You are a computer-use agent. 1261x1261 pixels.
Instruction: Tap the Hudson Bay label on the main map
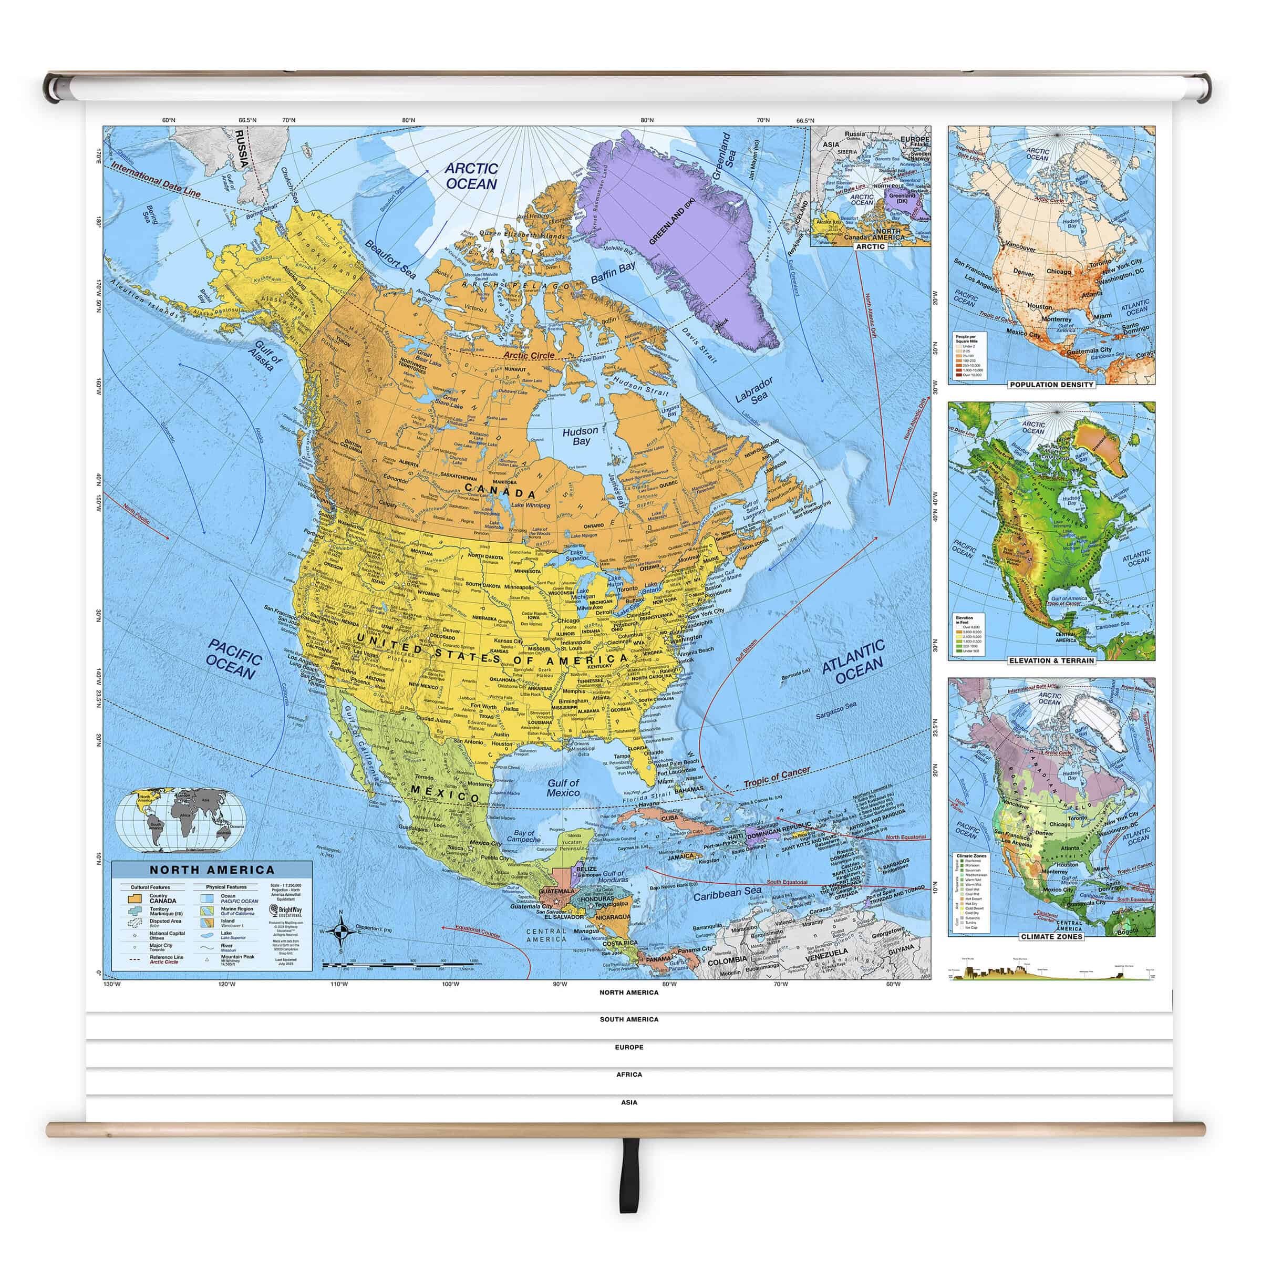click(x=580, y=436)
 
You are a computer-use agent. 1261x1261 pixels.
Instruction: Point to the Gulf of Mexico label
click(x=563, y=788)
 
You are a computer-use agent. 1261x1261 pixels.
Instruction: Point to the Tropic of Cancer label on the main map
click(x=776, y=779)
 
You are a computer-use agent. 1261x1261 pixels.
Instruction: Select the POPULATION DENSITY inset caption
click(x=1051, y=385)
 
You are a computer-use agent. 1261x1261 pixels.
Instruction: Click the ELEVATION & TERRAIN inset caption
click(x=1051, y=660)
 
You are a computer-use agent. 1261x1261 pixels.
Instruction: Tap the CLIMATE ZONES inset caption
click(x=1051, y=937)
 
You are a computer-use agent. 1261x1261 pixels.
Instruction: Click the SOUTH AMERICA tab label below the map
click(x=629, y=1019)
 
